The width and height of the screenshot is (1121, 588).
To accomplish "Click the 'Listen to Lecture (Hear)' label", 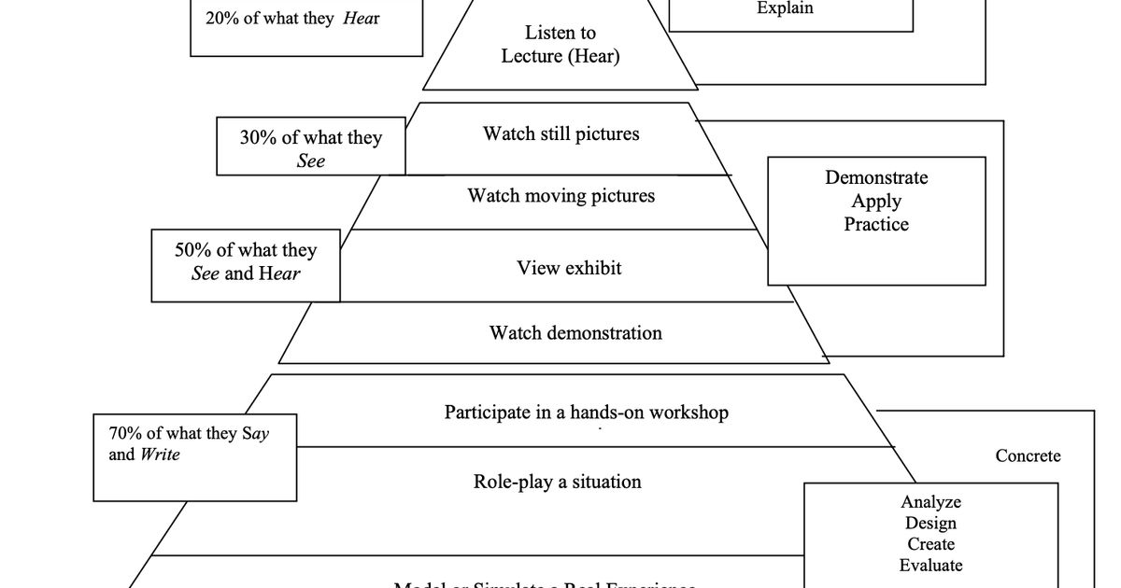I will pyautogui.click(x=560, y=45).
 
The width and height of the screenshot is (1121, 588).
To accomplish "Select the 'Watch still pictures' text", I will pyautogui.click(x=560, y=133).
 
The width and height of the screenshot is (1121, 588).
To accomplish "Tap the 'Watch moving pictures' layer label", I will pyautogui.click(x=560, y=196).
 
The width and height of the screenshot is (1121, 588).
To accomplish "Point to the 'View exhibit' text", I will pyautogui.click(x=569, y=268).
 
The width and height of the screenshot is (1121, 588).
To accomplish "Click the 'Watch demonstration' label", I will pyautogui.click(x=575, y=333).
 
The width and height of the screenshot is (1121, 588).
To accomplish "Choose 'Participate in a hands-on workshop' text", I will pyautogui.click(x=586, y=412).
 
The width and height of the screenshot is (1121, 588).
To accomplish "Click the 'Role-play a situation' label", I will pyautogui.click(x=557, y=482).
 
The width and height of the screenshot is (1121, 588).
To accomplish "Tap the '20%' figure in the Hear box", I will pyautogui.click(x=222, y=18).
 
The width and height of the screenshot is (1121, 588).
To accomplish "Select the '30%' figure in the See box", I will pyautogui.click(x=259, y=138).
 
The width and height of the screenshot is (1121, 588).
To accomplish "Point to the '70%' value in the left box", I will pyautogui.click(x=126, y=433).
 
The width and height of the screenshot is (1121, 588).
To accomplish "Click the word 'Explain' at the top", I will pyautogui.click(x=785, y=8).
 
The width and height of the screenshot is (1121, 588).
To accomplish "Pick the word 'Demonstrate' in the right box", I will pyautogui.click(x=876, y=177).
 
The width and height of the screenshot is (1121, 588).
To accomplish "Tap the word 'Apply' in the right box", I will pyautogui.click(x=876, y=201).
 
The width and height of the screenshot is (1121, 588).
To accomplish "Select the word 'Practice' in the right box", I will pyautogui.click(x=876, y=224).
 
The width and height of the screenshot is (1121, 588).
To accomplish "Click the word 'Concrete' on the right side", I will pyautogui.click(x=1028, y=456).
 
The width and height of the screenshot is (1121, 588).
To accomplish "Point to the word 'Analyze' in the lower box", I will pyautogui.click(x=930, y=502).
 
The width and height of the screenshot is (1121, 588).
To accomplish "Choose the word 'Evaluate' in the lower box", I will pyautogui.click(x=930, y=565).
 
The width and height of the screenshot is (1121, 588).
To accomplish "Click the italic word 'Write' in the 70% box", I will pyautogui.click(x=160, y=455).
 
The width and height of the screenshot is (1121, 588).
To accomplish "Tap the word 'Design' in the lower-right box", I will pyautogui.click(x=930, y=524).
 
